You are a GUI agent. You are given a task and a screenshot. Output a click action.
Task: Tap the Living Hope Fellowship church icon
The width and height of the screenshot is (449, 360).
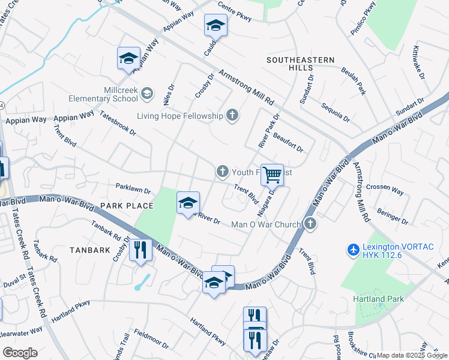pyautogui.click(x=232, y=116)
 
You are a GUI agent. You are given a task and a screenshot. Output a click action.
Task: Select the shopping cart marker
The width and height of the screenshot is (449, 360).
pyautogui.click(x=272, y=175)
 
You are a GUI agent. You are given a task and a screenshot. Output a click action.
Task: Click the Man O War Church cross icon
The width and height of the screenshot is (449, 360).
pyautogui.click(x=310, y=224)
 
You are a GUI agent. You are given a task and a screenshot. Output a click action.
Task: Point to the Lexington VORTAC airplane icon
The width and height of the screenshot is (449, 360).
pyautogui.click(x=353, y=248)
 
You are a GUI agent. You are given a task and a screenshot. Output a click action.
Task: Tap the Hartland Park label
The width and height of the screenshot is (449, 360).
pyautogui.click(x=378, y=298)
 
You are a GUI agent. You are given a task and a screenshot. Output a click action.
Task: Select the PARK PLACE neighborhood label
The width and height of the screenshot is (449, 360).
pyautogui.click(x=127, y=206)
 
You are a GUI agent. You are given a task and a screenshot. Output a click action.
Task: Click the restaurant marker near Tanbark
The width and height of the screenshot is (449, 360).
pyautogui.click(x=140, y=249)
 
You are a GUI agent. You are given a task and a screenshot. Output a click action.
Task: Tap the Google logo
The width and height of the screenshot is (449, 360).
pyautogui.click(x=20, y=352)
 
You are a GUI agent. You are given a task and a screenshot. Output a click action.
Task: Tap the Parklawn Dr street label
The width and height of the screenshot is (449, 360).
pyautogui.click(x=133, y=189)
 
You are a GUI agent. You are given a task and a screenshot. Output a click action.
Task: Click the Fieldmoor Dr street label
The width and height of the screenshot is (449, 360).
pyautogui.click(x=151, y=339)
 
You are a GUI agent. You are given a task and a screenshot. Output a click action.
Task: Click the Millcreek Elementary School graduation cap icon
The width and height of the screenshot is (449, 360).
pyautogui.click(x=147, y=93)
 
